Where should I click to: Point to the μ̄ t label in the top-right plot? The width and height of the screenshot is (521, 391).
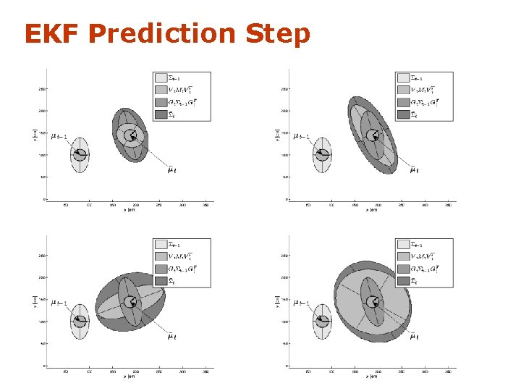(414, 170)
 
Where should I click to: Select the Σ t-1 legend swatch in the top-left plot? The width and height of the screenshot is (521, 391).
(161, 77)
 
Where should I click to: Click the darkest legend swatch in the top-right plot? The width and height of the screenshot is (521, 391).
(404, 114)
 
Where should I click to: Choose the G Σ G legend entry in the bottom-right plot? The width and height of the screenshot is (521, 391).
(404, 269)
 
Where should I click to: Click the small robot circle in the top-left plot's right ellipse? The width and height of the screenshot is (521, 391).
(130, 135)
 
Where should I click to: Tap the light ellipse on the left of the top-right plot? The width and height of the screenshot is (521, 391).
(322, 154)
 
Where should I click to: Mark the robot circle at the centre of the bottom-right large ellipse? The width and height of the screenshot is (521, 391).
(373, 302)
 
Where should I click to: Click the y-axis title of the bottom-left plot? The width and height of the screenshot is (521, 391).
(35, 300)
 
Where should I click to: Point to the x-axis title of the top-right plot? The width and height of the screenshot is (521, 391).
(372, 211)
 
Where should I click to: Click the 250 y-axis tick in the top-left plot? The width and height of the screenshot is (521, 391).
(41, 89)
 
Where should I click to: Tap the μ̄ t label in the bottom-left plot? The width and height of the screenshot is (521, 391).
(171, 337)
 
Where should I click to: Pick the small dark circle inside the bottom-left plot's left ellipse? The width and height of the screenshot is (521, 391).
(80, 321)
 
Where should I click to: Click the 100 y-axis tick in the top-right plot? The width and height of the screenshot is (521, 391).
(284, 155)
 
